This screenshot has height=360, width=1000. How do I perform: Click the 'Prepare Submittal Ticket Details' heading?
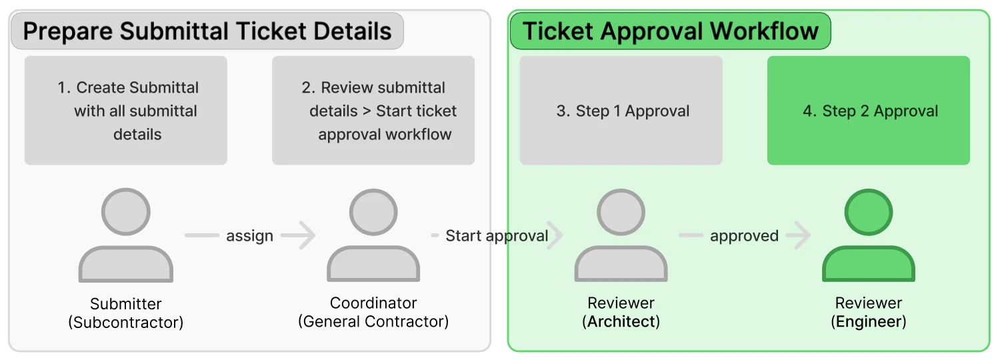[x=207, y=31]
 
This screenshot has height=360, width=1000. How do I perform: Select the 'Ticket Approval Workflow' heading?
[x=670, y=31]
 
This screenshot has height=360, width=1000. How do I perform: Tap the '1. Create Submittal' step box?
[x=126, y=110]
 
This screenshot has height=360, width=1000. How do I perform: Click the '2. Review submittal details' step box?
[x=373, y=110]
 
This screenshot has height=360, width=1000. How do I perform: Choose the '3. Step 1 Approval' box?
[x=621, y=110]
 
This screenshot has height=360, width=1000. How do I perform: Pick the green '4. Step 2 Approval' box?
[x=868, y=110]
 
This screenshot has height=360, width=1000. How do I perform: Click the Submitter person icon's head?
[x=126, y=212]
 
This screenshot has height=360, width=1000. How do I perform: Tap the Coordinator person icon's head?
[x=373, y=212]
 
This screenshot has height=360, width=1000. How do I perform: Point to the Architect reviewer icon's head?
[x=621, y=212]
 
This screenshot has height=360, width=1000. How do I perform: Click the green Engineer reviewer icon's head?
[x=868, y=212]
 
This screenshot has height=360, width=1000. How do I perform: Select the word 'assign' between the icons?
[x=249, y=236]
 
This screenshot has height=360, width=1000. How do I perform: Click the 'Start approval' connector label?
[x=497, y=235]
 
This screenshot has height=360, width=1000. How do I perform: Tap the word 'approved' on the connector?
[x=744, y=236]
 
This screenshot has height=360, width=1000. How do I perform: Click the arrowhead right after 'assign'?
[x=308, y=235]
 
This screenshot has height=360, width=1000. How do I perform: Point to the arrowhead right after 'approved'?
[x=803, y=235]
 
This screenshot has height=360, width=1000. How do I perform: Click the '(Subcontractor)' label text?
[x=126, y=323]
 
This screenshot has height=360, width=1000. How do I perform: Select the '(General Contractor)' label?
[x=373, y=321]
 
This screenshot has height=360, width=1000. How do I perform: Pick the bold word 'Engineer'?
[x=868, y=322]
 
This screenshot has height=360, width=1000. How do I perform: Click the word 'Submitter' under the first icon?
[x=126, y=304]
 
